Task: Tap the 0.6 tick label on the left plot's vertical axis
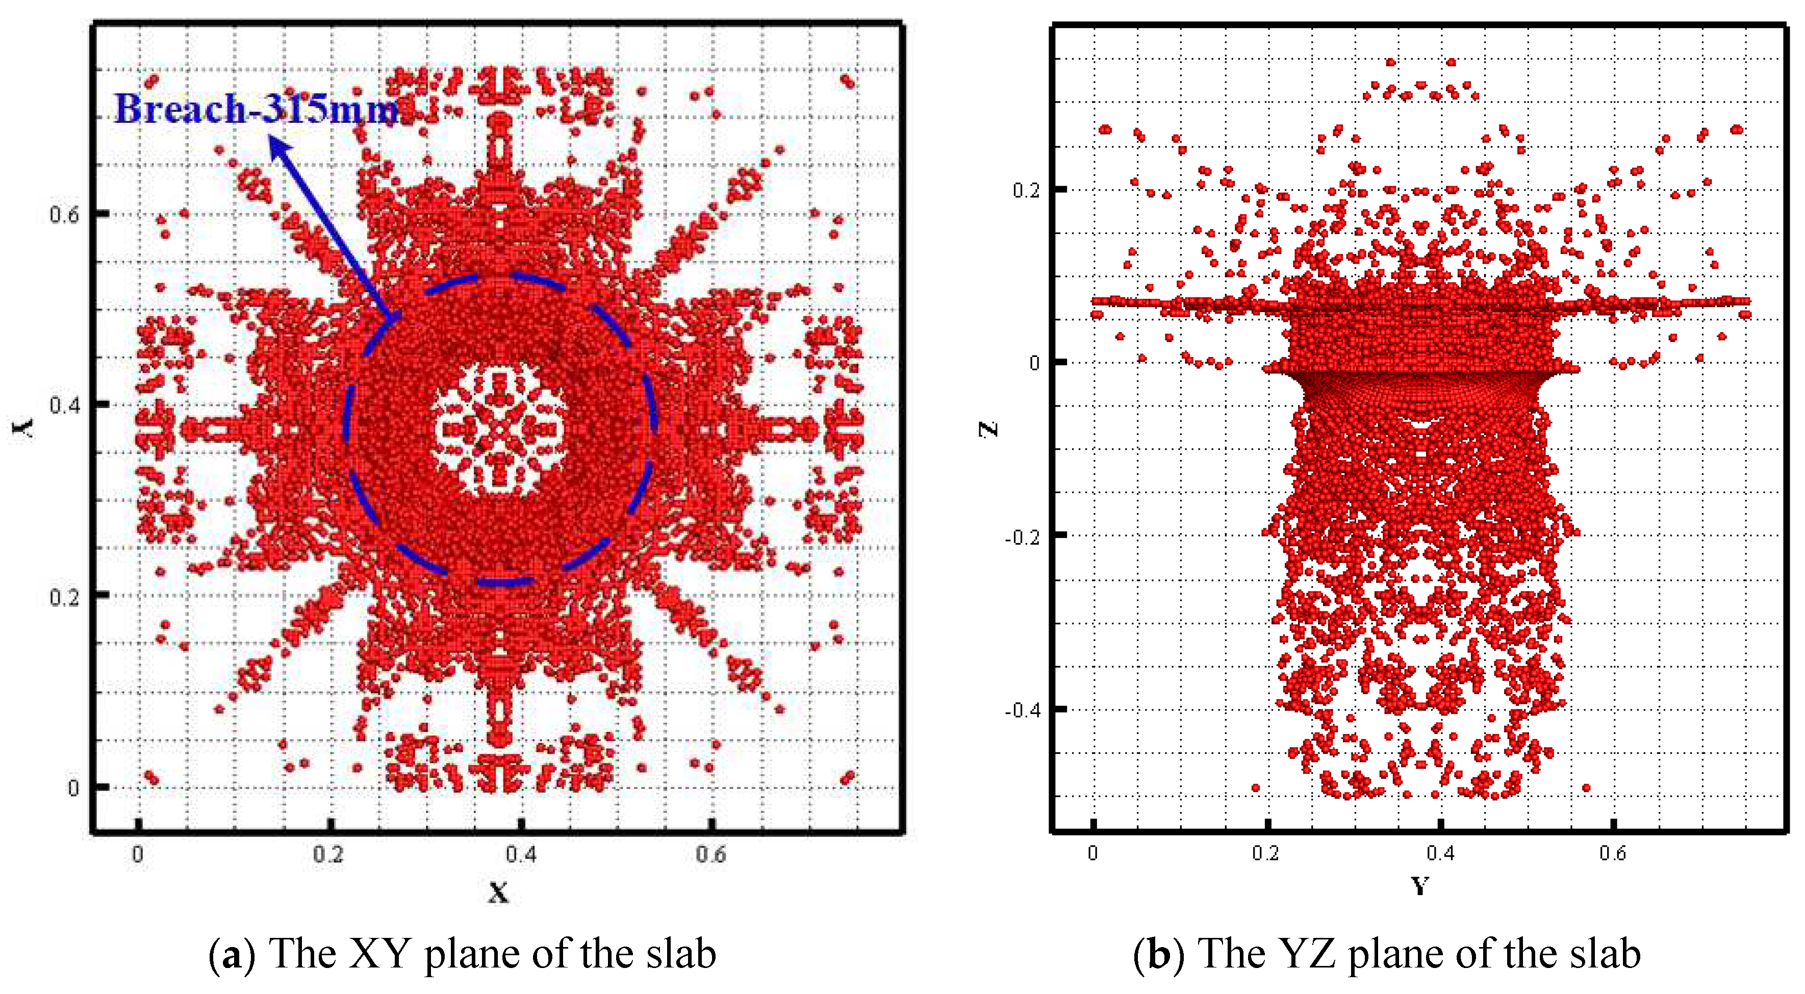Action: click(x=64, y=214)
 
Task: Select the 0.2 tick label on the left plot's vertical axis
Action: click(x=64, y=597)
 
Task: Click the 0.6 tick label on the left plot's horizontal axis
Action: click(x=711, y=855)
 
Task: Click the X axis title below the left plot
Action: click(x=498, y=893)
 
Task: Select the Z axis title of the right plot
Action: click(x=988, y=429)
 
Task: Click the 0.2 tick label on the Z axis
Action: click(x=1027, y=190)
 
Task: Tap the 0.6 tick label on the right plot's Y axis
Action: click(x=1612, y=853)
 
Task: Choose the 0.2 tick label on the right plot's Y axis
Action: click(x=1265, y=853)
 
